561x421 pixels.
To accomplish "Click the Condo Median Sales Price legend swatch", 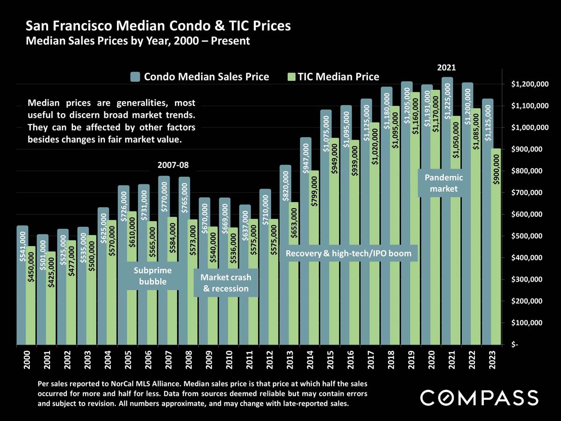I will tap(135, 77).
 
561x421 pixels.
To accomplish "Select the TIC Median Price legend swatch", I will tap(290, 77).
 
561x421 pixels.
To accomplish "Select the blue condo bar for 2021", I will tap(446, 210).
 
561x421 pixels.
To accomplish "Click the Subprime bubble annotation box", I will tap(153, 276).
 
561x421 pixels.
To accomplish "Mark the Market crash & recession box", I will tap(226, 283).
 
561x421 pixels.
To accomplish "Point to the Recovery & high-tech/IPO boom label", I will tap(348, 254).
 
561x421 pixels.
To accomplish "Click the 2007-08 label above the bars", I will tap(173, 166).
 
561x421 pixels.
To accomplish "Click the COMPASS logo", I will tap(479, 398).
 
